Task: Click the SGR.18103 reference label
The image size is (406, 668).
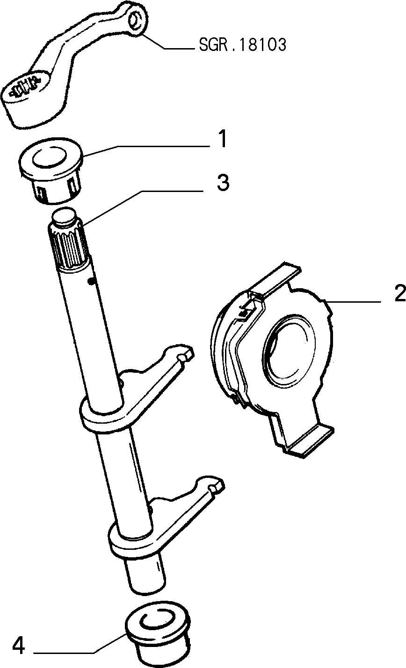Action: [x=242, y=45]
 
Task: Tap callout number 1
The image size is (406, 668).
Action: [x=223, y=139]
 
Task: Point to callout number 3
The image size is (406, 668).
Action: [x=223, y=182]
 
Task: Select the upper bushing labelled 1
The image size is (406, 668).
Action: [x=51, y=171]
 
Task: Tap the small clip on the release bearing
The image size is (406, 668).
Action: [x=246, y=312]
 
